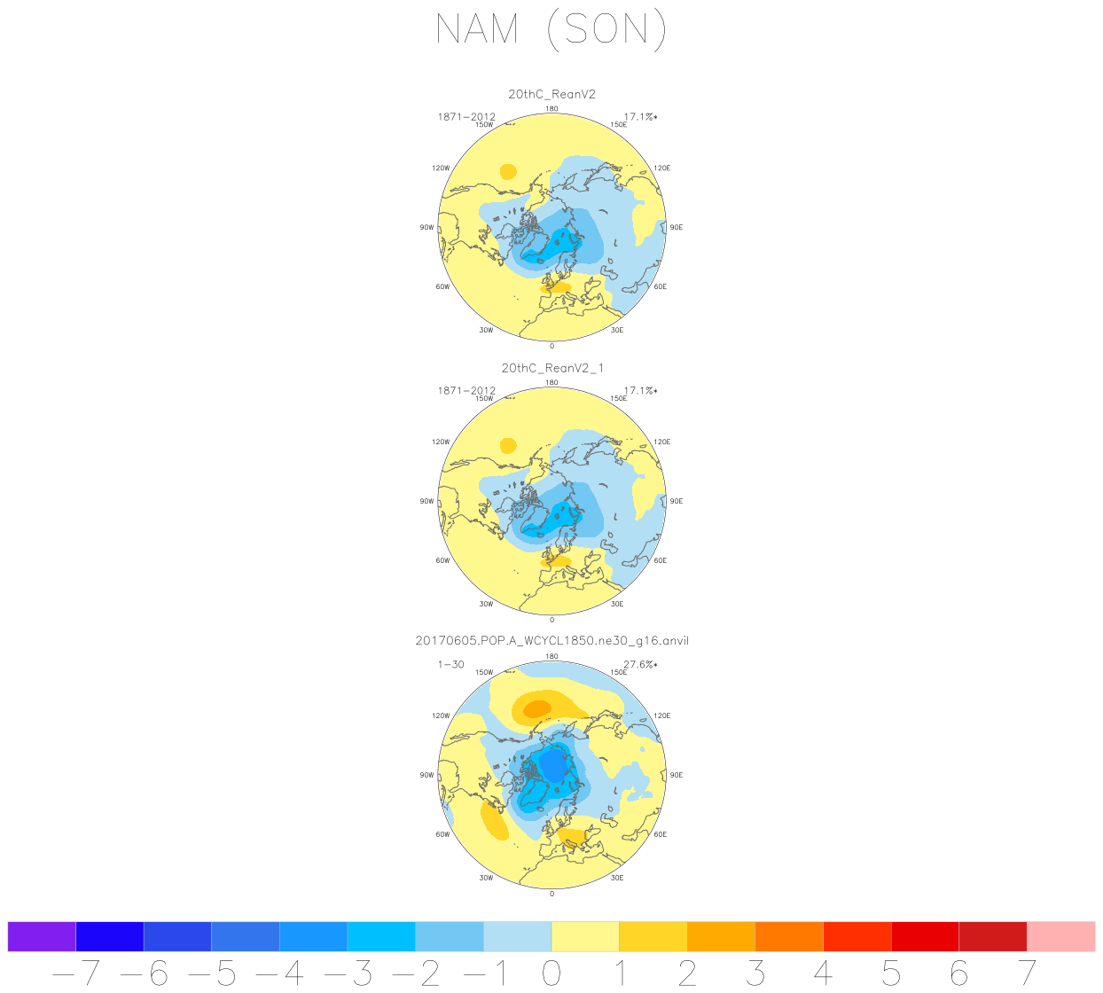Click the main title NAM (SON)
click(x=551, y=30)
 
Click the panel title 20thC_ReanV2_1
click(x=551, y=368)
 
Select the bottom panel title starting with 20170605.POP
click(x=551, y=641)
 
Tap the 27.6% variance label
click(x=640, y=664)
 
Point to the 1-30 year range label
click(x=450, y=664)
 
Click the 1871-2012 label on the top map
click(x=466, y=117)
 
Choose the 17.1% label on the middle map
click(x=640, y=390)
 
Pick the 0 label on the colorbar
click(x=551, y=973)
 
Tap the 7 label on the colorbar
click(x=1027, y=973)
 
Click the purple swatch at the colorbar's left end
click(x=42, y=936)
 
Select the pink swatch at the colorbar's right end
click(x=1060, y=936)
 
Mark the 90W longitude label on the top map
click(x=426, y=228)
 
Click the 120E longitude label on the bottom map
click(x=661, y=715)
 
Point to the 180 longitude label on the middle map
click(x=551, y=383)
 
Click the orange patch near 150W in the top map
click(x=508, y=172)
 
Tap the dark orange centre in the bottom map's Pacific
click(x=536, y=708)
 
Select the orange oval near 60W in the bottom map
click(x=494, y=820)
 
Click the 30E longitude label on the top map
click(x=617, y=330)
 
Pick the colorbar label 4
click(x=823, y=973)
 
